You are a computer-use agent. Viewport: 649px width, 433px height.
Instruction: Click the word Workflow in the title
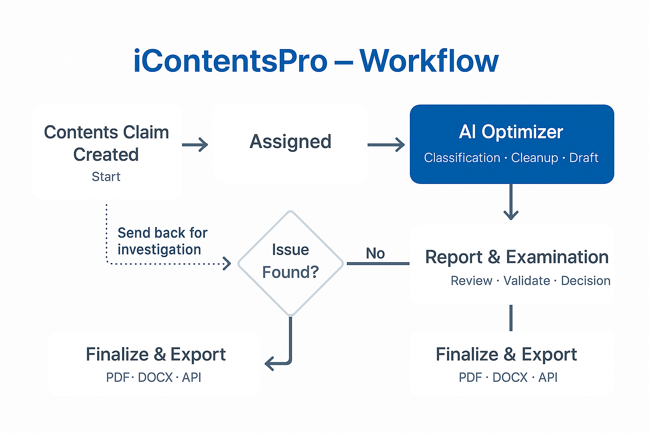click(x=429, y=61)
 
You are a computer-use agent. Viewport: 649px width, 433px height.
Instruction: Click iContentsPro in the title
click(x=230, y=61)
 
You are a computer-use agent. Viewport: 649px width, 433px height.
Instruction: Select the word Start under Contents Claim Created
click(x=106, y=177)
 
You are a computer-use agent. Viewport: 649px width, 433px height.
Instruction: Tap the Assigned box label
click(x=290, y=142)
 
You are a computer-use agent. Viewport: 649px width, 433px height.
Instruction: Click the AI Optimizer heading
click(x=511, y=132)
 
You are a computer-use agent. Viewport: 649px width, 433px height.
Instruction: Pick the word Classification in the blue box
click(x=462, y=158)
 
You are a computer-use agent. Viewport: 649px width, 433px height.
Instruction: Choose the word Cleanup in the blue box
click(x=534, y=158)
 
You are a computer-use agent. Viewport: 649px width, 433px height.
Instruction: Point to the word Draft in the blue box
click(x=584, y=158)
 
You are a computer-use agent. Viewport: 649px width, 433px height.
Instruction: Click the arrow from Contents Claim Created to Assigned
click(x=195, y=145)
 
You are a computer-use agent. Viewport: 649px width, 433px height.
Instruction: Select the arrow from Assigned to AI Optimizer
click(x=386, y=145)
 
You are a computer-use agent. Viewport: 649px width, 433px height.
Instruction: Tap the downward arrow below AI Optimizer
click(x=511, y=203)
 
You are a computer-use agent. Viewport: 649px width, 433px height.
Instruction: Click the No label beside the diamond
click(x=375, y=253)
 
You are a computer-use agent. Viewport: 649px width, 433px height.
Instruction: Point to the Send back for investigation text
click(x=162, y=241)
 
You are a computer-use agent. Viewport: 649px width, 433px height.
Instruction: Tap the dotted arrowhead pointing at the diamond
click(x=227, y=263)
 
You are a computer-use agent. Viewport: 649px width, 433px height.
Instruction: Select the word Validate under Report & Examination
click(x=526, y=281)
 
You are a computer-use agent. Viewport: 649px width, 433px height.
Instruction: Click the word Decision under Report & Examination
click(x=586, y=281)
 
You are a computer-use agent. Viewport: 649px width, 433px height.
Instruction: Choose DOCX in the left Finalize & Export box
click(x=155, y=377)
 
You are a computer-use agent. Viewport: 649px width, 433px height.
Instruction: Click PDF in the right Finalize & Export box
click(x=470, y=377)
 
